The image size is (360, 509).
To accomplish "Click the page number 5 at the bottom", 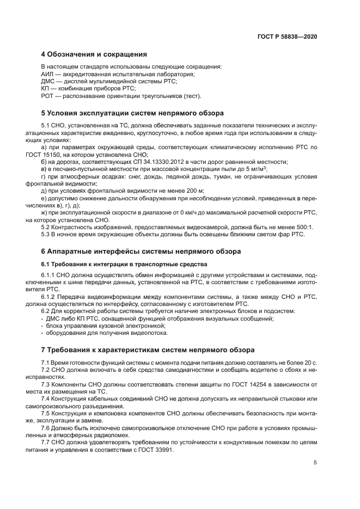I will point(315,463).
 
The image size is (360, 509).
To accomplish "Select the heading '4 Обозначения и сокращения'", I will point(94,54).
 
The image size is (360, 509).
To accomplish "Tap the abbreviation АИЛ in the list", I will point(48,74).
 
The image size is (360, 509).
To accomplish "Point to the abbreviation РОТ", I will point(48,96).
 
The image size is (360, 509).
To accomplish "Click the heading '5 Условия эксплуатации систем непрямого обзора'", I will point(132,113).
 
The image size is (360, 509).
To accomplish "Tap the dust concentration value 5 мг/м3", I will point(255,169).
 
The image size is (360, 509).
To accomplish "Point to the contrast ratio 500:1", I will point(303,226).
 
